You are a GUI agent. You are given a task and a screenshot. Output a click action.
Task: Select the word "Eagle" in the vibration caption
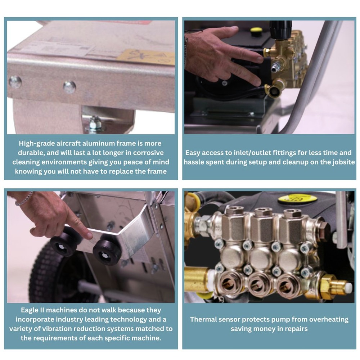30,310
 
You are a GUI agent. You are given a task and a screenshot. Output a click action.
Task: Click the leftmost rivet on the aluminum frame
15,82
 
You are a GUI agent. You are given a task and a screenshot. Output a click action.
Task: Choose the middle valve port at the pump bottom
259,284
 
